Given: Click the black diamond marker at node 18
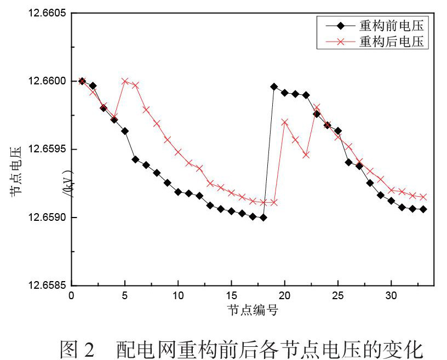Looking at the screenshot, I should pos(263,218).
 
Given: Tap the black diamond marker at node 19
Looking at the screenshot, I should pos(274,87).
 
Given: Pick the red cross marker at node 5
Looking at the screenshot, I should pos(125,81).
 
